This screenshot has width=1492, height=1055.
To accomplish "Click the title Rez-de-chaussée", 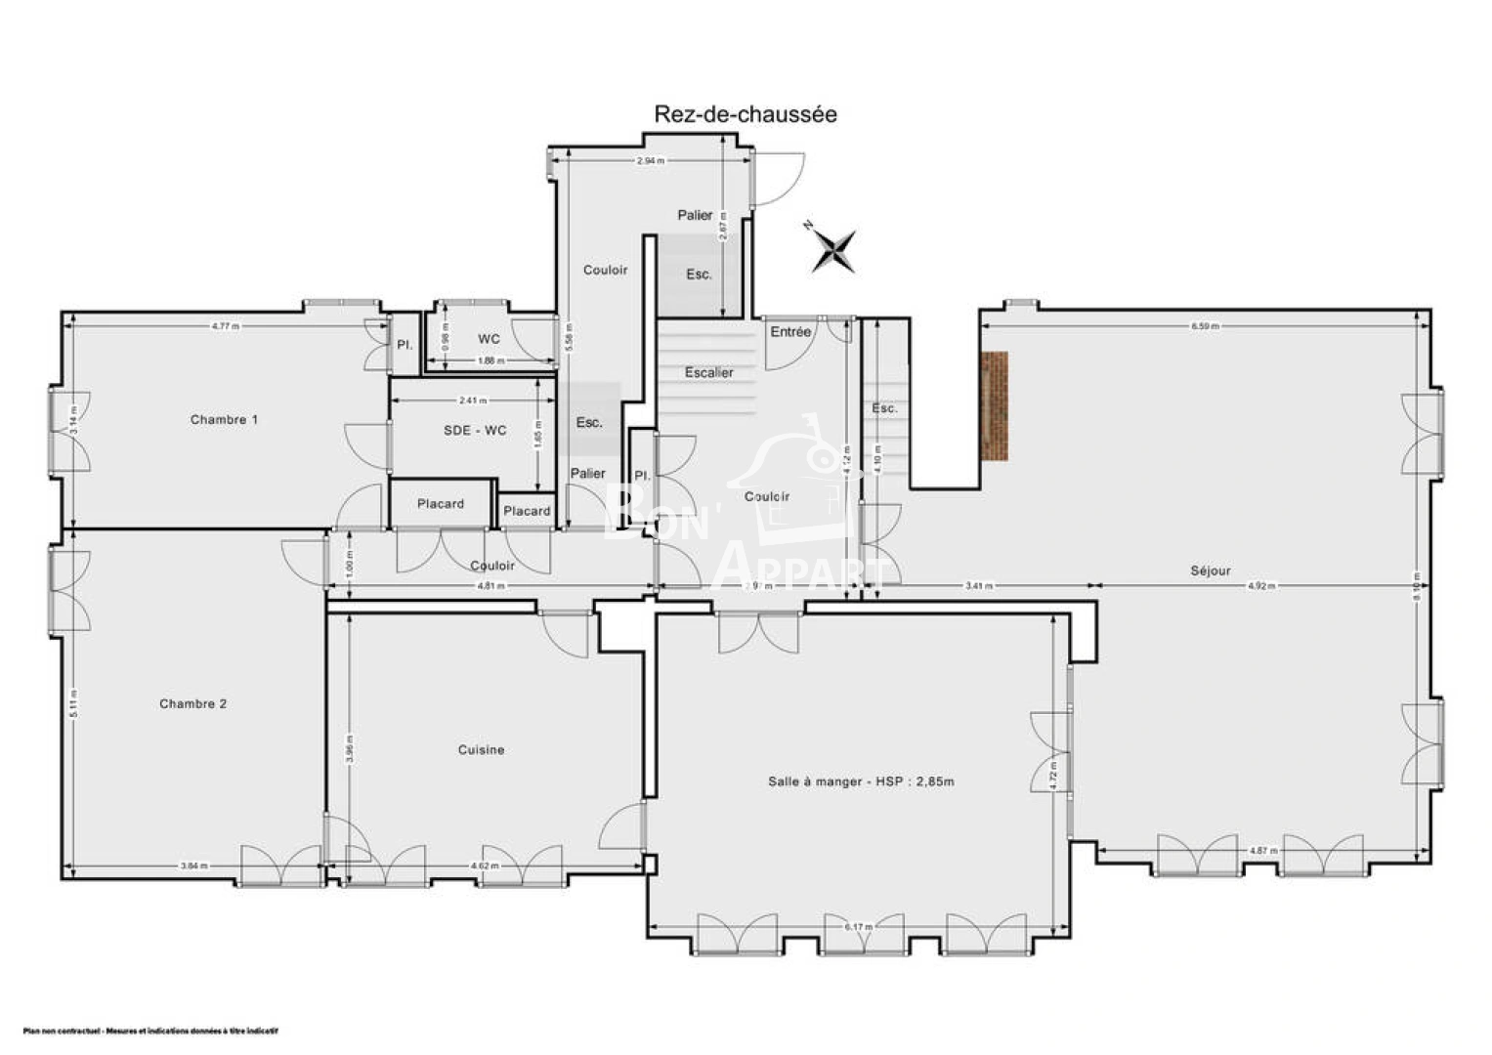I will (x=745, y=114).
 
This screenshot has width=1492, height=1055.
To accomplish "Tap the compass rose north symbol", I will (x=834, y=250).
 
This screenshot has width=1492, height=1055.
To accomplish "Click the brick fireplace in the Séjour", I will (x=995, y=406).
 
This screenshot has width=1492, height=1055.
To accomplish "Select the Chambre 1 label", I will (x=224, y=420).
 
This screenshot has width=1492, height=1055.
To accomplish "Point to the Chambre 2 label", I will (x=193, y=704).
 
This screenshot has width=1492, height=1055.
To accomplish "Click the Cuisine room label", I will (x=482, y=750).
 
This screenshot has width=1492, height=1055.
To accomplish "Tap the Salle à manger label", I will (x=861, y=781).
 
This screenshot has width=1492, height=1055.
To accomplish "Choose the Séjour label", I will (x=1211, y=570).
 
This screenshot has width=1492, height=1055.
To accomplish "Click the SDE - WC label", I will (x=475, y=431).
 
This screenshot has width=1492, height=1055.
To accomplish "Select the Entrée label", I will (x=790, y=332).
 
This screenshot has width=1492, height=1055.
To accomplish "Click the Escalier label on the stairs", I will (x=708, y=373).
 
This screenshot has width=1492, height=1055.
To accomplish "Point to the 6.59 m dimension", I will (x=1205, y=326).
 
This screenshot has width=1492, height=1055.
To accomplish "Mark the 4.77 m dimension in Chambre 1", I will (x=226, y=326).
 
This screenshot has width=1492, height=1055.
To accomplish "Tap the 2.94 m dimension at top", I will (x=651, y=160).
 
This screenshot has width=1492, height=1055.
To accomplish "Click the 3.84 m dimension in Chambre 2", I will (x=193, y=865).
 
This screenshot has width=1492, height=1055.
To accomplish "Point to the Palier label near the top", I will (x=696, y=215).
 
